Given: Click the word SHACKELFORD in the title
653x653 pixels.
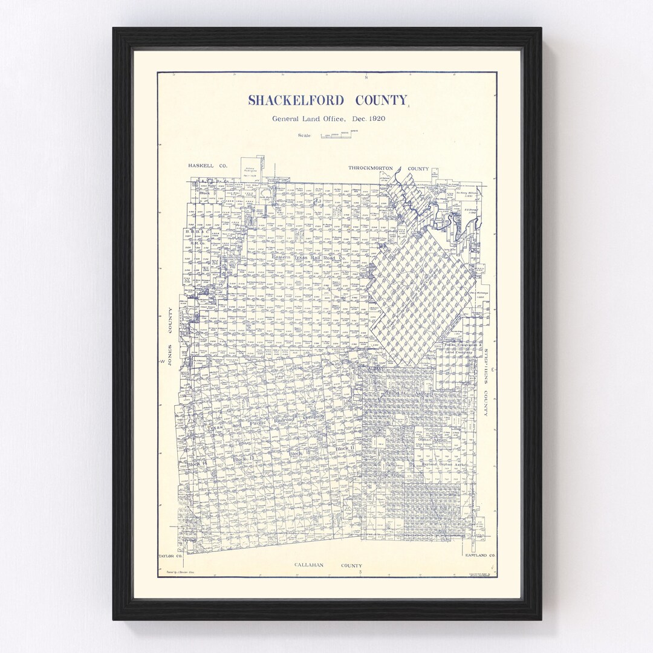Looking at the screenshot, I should point(296,100).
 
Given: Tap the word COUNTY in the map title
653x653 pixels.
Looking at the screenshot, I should point(381,100).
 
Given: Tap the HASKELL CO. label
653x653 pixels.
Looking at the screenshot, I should point(207,166).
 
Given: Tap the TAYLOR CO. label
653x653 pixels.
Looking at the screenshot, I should point(169,555).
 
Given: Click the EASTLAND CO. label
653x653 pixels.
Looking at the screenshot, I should point(480,555).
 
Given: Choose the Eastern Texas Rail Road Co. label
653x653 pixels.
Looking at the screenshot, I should point(308,258).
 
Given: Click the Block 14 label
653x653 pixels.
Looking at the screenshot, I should point(197,464).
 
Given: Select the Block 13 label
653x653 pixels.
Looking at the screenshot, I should point(244,460).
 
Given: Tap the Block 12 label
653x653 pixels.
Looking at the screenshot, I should point(299,453).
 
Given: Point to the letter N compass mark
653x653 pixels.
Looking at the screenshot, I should point(366,77).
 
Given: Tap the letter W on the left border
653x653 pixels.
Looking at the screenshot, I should point(162,361).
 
